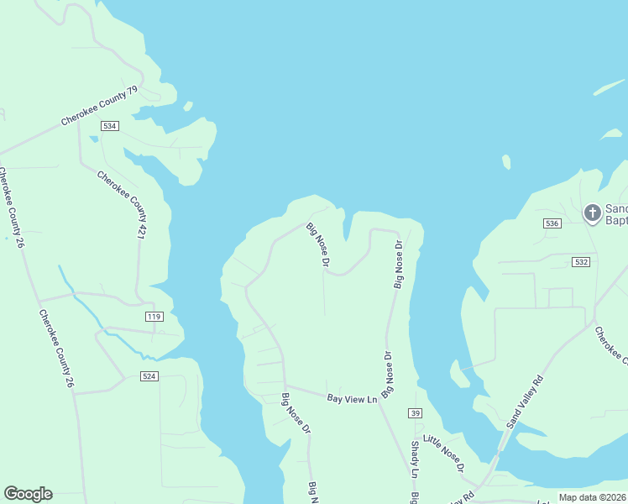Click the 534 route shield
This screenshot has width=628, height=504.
(109, 125)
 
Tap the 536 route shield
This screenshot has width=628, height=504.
(552, 223)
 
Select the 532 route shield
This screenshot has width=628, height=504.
(582, 262)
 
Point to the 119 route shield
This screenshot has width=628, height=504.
(154, 316)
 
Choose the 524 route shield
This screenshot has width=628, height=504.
(149, 376)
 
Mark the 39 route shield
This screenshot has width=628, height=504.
(415, 413)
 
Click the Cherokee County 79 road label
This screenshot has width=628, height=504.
(99, 107)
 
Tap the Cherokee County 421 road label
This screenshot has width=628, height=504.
(123, 204)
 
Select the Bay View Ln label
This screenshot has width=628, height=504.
(353, 399)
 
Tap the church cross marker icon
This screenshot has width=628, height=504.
(592, 213)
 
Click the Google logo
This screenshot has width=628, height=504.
(28, 493)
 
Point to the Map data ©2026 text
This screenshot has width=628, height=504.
(592, 497)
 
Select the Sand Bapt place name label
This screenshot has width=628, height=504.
(615, 215)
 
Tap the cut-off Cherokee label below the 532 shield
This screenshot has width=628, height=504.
(611, 344)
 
